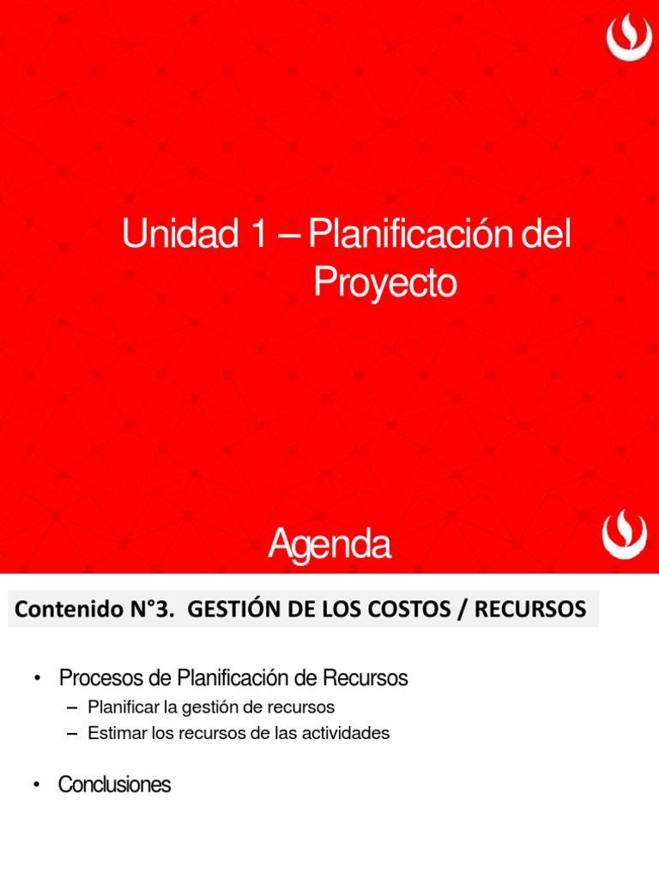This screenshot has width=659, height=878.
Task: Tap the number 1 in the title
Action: tap(254, 235)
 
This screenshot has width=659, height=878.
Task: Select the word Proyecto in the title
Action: tap(385, 284)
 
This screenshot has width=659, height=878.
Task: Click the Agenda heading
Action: tap(329, 545)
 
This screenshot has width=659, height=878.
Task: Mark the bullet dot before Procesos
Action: tap(38, 679)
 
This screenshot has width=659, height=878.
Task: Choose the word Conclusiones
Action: tap(114, 785)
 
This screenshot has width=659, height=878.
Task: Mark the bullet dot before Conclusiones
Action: tap(38, 785)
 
